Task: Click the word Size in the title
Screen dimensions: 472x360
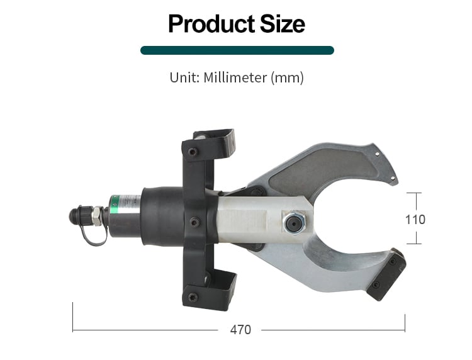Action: point(283,24)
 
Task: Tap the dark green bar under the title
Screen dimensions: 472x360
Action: point(237,50)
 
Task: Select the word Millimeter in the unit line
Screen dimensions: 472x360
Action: point(235,77)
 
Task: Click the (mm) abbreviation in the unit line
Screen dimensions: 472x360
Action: point(287,77)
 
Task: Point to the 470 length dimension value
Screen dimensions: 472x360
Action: point(240,330)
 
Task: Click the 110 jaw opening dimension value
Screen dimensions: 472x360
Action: point(415,220)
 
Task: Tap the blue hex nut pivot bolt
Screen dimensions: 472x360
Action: point(294,223)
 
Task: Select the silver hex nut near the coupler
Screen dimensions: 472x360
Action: point(97,216)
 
